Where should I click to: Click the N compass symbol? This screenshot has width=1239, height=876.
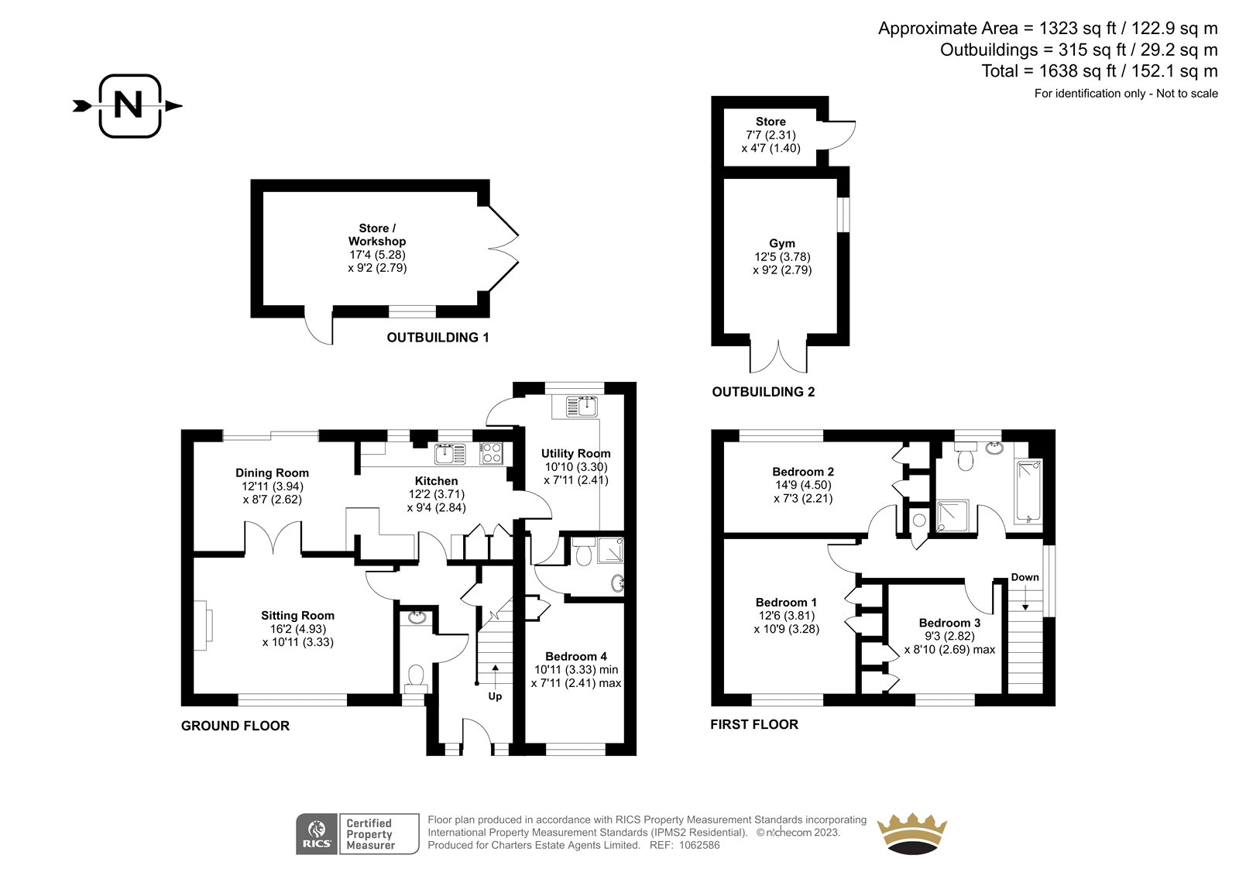[129, 105]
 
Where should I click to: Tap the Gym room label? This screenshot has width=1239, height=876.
[782, 243]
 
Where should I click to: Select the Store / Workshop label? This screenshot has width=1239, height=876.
[376, 235]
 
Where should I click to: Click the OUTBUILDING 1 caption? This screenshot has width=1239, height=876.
[438, 338]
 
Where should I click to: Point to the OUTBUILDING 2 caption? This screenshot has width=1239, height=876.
[764, 392]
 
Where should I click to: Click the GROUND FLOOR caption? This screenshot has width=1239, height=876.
[235, 726]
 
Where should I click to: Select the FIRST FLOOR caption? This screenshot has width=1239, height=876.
[754, 724]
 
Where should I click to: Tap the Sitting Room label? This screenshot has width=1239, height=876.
[297, 615]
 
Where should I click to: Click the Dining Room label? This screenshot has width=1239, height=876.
[272, 472]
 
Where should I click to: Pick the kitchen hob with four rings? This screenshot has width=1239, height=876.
[491, 453]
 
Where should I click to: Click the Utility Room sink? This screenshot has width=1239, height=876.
[582, 407]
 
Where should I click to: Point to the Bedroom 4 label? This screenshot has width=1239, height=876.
[576, 656]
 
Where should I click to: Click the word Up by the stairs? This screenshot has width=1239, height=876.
[495, 696]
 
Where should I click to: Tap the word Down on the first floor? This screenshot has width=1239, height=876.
[1025, 577]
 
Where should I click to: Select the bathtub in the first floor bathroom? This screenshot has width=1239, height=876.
[1028, 491]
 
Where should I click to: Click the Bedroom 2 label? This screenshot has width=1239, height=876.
[803, 472]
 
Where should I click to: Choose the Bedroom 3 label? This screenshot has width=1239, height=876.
[949, 623]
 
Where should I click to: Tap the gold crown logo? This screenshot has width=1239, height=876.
[912, 833]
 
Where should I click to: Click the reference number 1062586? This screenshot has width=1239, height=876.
[699, 845]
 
